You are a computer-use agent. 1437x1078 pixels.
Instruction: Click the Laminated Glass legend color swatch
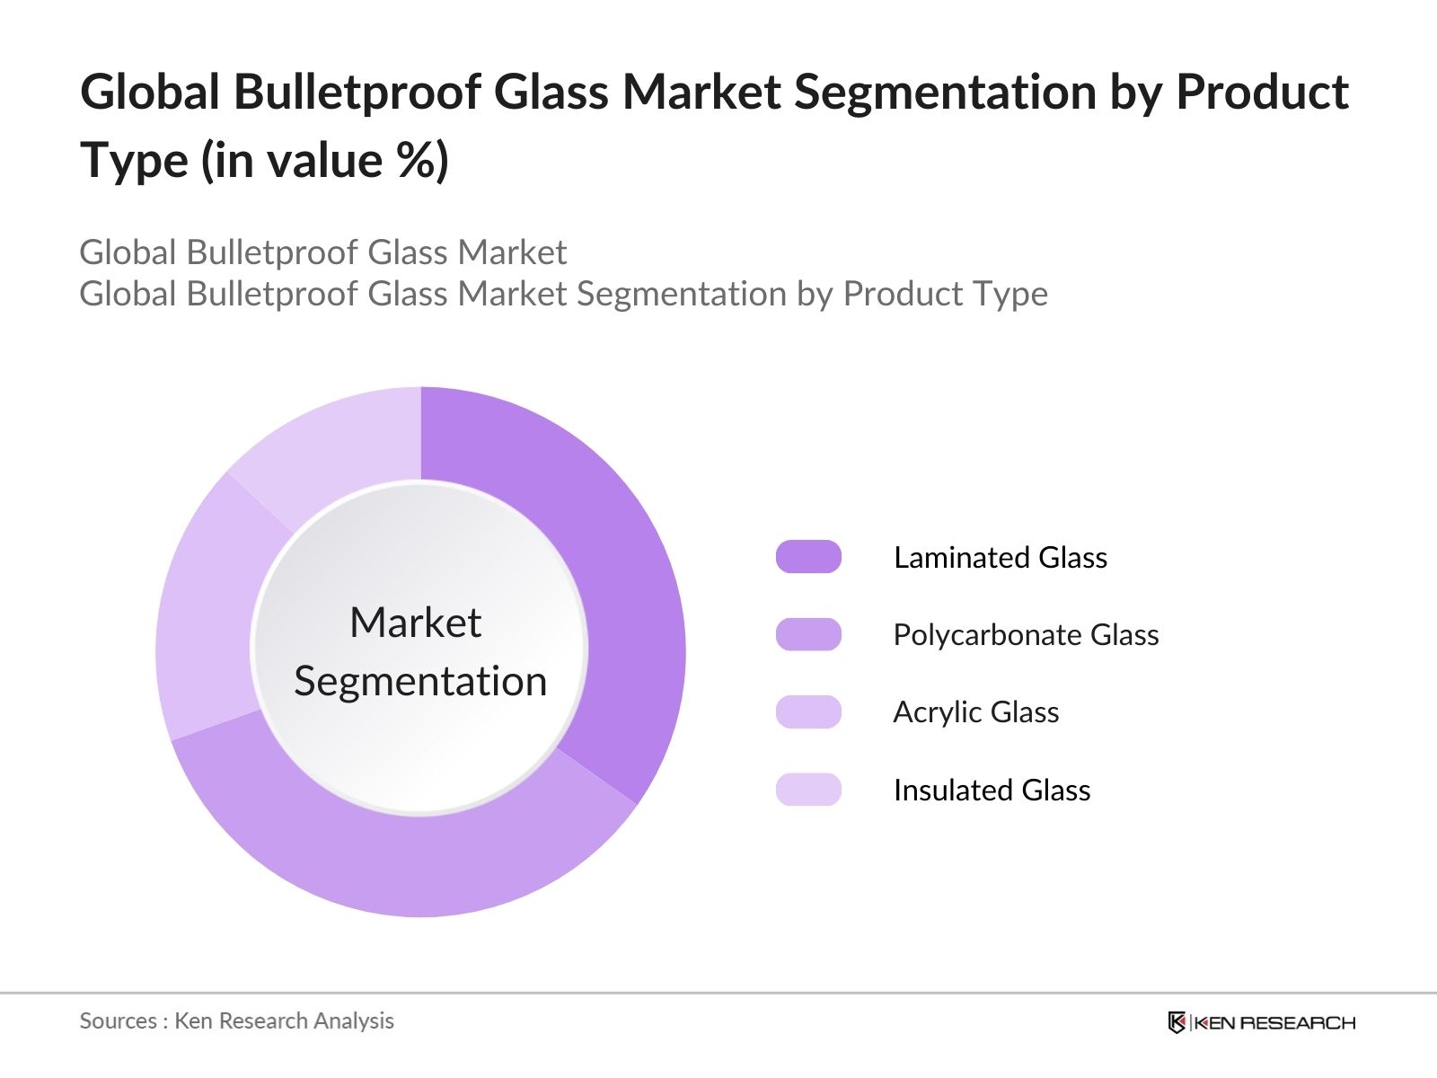coord(808,557)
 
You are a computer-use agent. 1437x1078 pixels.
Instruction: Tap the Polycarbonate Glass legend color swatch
coord(808,634)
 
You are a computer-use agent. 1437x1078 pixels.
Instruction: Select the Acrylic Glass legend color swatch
coord(808,711)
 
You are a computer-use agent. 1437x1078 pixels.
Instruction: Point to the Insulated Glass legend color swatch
coord(808,790)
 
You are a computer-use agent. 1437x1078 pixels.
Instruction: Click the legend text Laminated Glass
coord(1000,557)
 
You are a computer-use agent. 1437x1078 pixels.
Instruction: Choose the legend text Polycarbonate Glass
coord(1025,634)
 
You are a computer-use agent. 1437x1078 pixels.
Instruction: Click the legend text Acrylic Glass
coord(975,711)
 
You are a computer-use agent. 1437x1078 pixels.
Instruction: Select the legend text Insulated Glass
coord(992,790)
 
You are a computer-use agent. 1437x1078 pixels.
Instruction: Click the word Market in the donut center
coord(415,623)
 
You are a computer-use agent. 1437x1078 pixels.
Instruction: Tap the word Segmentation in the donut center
coord(420,681)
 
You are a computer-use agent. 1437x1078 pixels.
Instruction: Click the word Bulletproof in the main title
coord(357,93)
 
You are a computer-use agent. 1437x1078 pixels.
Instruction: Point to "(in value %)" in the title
coord(324,162)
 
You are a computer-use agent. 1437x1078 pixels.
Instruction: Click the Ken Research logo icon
coord(1177,1022)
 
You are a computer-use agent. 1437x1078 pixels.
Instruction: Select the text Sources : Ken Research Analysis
coord(236,1021)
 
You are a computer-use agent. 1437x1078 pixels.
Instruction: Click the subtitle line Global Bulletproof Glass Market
coord(322,252)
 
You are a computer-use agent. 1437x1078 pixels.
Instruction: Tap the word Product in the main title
coord(1262,93)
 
